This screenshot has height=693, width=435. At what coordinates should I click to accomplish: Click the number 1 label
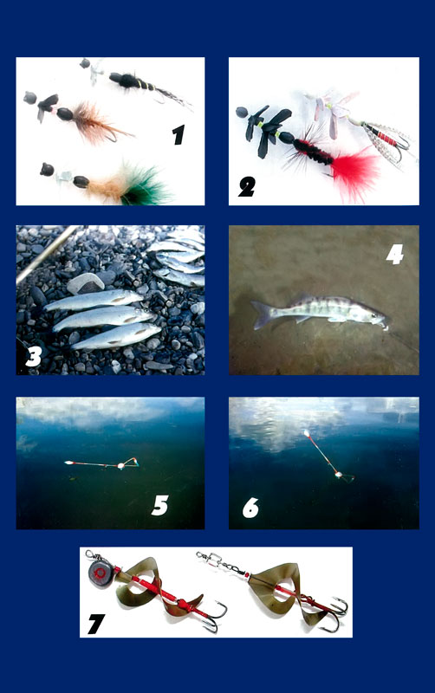coord(179,135)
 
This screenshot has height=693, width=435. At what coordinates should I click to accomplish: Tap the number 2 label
coord(247,186)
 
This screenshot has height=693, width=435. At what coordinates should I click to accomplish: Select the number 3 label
coord(34,356)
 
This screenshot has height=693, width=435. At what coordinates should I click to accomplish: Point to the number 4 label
coord(395,255)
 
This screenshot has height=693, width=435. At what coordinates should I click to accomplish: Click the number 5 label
coord(160,505)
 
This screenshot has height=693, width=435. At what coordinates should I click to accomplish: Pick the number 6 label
coord(250,508)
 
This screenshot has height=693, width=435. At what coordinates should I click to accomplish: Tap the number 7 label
coord(96,624)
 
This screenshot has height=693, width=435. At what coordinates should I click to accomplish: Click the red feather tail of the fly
coord(356,170)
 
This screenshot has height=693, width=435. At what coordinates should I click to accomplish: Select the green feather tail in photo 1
coord(146,186)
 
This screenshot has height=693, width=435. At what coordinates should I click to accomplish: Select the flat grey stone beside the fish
coord(85,283)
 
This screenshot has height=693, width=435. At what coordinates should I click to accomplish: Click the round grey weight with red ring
coord(100,573)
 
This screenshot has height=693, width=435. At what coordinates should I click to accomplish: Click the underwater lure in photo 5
coord(101,463)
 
